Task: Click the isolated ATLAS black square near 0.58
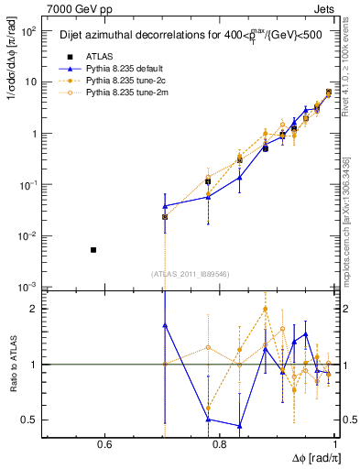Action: coord(93,249)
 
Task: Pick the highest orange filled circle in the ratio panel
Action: coord(265,309)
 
